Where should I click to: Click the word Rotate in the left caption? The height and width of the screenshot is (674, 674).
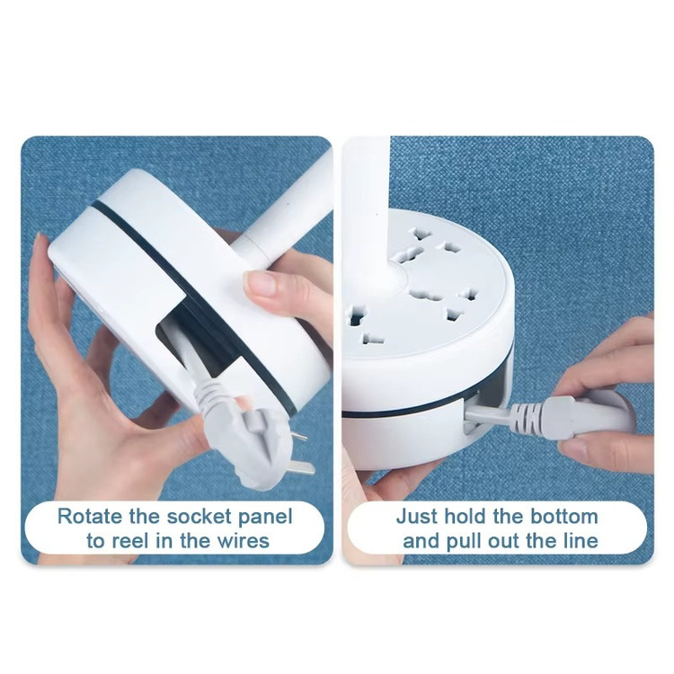(89, 516)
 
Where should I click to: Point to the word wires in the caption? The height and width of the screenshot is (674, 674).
(244, 540)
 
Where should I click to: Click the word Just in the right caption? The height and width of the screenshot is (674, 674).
(416, 516)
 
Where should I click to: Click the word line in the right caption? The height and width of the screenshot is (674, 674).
(582, 540)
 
